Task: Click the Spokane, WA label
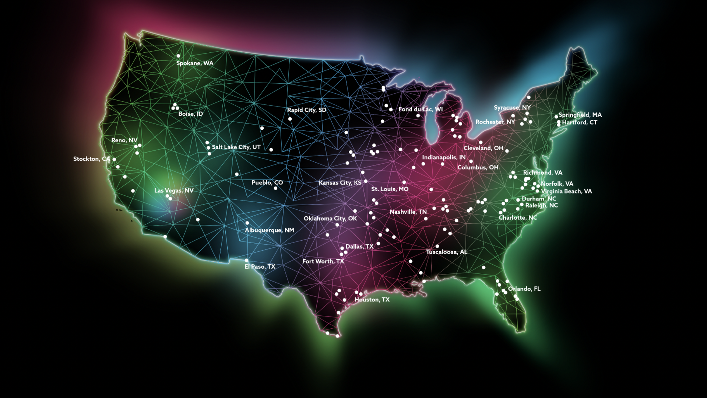(x=194, y=63)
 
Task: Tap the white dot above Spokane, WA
(x=178, y=56)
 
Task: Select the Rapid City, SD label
(x=306, y=110)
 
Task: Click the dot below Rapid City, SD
(x=290, y=119)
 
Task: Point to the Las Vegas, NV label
(x=174, y=191)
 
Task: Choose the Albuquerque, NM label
(x=269, y=230)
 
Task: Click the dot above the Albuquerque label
(x=247, y=223)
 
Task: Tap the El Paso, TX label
(x=260, y=266)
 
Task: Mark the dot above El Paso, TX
(x=246, y=261)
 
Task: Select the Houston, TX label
(x=372, y=300)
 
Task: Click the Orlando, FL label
(x=524, y=289)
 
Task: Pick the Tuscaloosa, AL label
(x=446, y=252)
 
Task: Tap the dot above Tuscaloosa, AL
(x=437, y=246)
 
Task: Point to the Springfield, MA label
(x=580, y=115)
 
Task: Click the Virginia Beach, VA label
(x=566, y=191)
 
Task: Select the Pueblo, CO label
(x=267, y=182)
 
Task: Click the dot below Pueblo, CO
(x=275, y=188)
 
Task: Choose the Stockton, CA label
(x=91, y=159)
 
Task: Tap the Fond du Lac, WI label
(x=420, y=109)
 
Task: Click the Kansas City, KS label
(x=340, y=183)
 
